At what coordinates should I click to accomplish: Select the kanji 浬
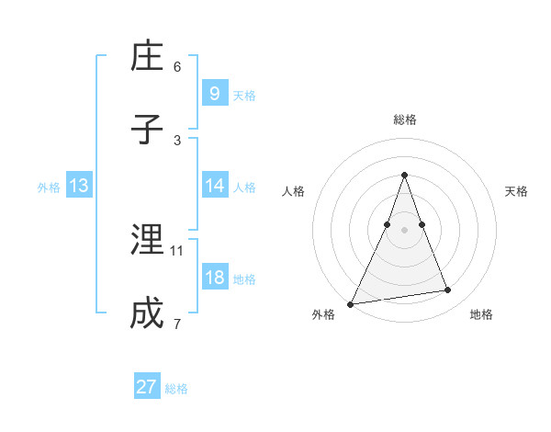tap(147, 241)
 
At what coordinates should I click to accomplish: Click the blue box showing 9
tap(214, 93)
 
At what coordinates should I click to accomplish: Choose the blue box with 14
tap(214, 186)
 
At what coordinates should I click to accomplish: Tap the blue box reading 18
tap(214, 278)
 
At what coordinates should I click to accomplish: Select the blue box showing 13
tap(79, 186)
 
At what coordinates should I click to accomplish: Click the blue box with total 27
tap(147, 387)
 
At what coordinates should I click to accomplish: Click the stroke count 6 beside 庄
tap(177, 66)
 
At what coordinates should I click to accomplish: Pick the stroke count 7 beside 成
tap(177, 324)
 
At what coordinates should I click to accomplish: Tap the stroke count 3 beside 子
tap(177, 140)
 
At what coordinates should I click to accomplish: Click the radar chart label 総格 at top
tap(404, 119)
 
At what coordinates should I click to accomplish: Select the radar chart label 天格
tap(517, 191)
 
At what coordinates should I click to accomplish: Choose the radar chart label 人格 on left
tap(293, 191)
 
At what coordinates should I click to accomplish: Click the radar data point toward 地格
tap(448, 290)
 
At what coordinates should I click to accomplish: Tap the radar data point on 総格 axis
tap(404, 175)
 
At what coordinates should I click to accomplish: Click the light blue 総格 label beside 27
tap(176, 389)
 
